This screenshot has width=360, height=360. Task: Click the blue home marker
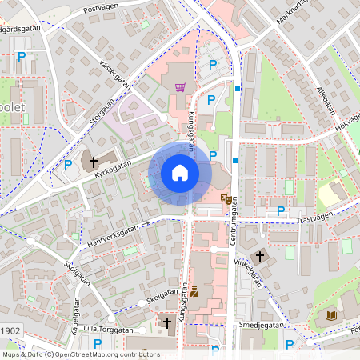[180, 173]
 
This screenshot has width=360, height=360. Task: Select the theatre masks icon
[227, 197]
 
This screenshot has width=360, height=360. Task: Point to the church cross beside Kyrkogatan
[94, 162]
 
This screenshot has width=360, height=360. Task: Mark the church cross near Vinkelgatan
[260, 257]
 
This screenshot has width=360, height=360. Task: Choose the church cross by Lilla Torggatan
[167, 322]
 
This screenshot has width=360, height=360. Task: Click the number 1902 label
[10, 330]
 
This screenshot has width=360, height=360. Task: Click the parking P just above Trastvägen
[280, 210]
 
